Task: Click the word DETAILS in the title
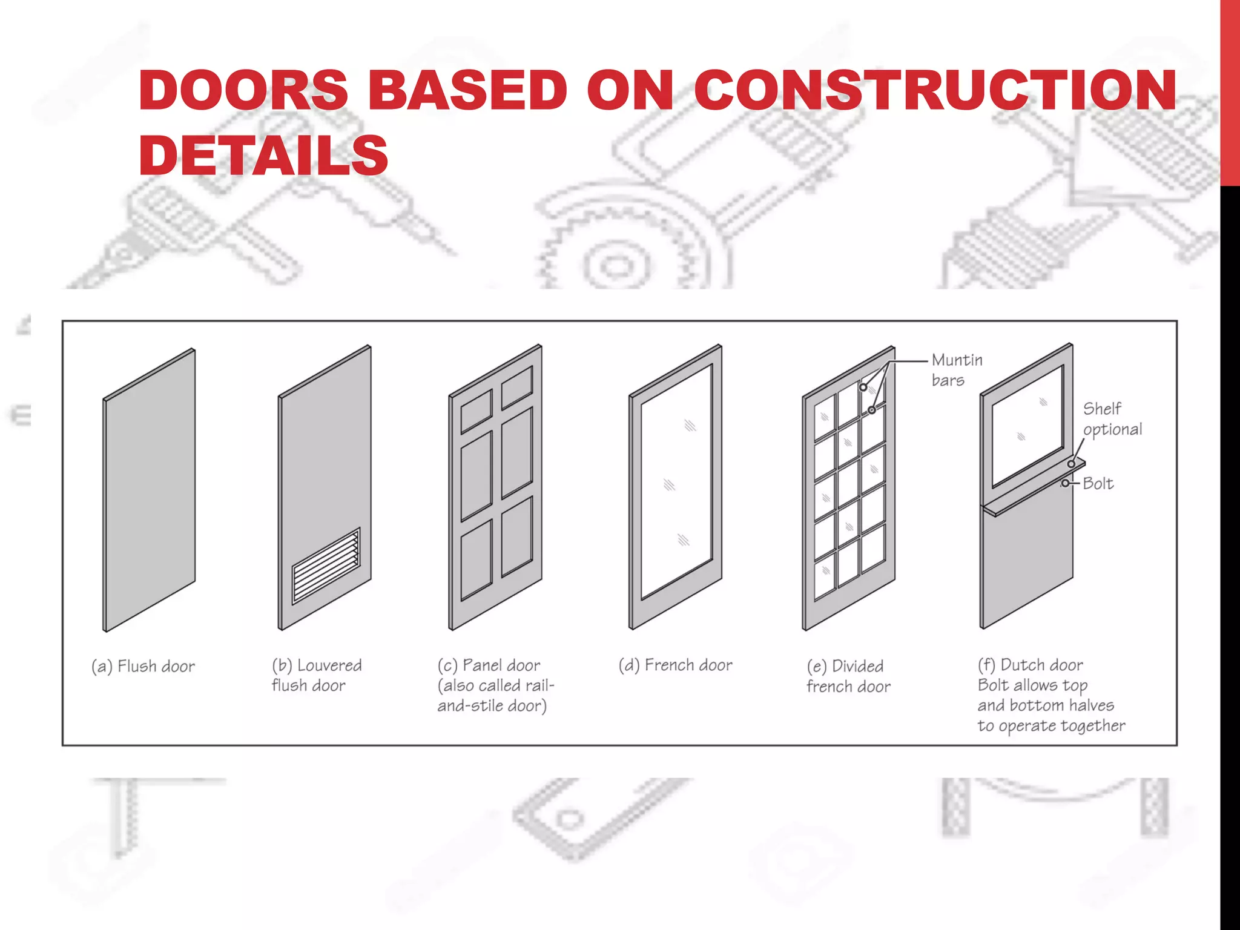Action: (263, 156)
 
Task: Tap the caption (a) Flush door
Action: (143, 667)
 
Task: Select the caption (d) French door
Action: (675, 665)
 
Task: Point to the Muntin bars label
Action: (956, 370)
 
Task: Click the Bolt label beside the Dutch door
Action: (1098, 484)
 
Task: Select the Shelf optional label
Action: (1112, 419)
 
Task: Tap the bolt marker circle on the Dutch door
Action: (1065, 484)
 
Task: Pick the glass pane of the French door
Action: (676, 481)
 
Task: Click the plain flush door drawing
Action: (149, 490)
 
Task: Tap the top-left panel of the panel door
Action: (476, 411)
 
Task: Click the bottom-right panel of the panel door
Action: (516, 536)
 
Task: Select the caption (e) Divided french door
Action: (848, 676)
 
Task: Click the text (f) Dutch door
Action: (1030, 665)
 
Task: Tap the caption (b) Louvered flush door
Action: (316, 675)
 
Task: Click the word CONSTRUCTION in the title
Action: (934, 90)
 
